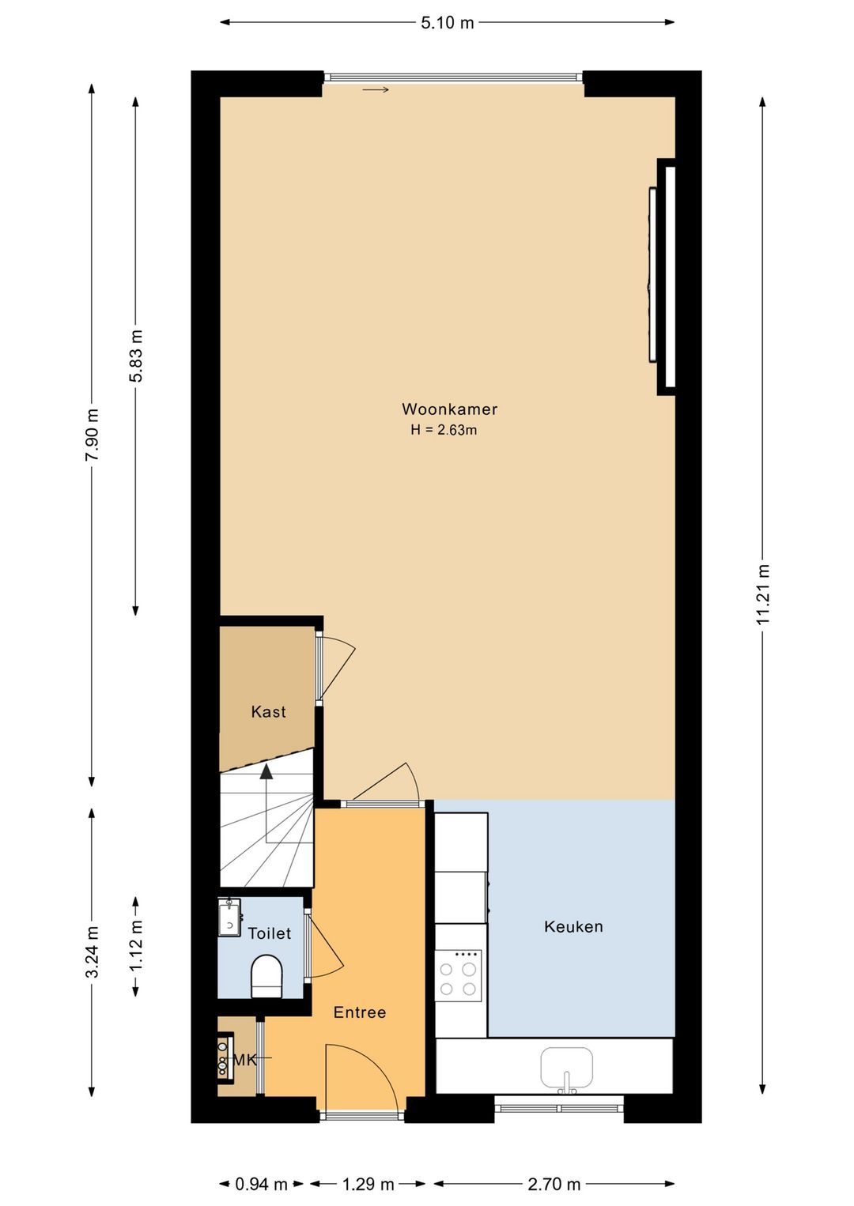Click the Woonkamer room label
(449, 409)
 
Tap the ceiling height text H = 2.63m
(444, 431)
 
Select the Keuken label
(573, 927)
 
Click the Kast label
(268, 712)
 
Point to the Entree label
(360, 1012)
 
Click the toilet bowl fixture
(266, 977)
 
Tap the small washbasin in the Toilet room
(229, 918)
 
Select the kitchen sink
(566, 1069)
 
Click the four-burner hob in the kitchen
(458, 977)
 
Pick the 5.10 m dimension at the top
(447, 23)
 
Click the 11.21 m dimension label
(763, 594)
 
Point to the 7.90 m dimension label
(93, 435)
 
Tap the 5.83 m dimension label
(136, 356)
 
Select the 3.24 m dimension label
(93, 952)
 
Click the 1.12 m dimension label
(136, 946)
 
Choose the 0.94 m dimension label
(261, 1184)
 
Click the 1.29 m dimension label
(368, 1184)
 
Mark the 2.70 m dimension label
(554, 1184)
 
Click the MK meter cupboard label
(244, 1060)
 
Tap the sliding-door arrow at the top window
(376, 90)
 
